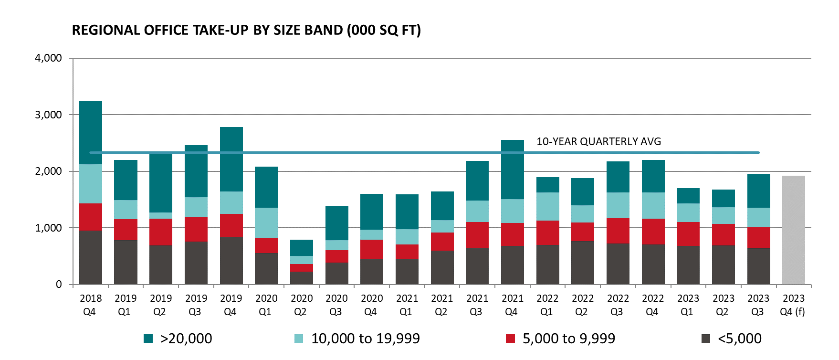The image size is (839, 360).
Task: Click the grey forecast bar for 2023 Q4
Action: pyautogui.click(x=793, y=230)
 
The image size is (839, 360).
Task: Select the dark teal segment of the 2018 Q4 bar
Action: pyautogui.click(x=91, y=133)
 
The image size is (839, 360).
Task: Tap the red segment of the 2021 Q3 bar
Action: pyautogui.click(x=477, y=235)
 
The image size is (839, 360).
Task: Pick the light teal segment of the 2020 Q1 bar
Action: pyautogui.click(x=266, y=222)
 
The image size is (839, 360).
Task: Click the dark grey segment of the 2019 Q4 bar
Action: pyautogui.click(x=231, y=261)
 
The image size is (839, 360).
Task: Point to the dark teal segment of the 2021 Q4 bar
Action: pyautogui.click(x=513, y=169)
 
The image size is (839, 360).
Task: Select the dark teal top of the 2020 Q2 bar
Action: pyautogui.click(x=302, y=248)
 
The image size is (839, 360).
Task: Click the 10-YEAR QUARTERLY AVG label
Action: pyautogui.click(x=598, y=141)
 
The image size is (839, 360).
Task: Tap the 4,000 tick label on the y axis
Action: pyautogui.click(x=48, y=58)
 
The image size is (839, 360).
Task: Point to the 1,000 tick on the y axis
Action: pyautogui.click(x=48, y=228)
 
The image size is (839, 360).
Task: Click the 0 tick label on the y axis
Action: pyautogui.click(x=59, y=285)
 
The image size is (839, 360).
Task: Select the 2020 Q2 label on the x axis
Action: pyautogui.click(x=302, y=305)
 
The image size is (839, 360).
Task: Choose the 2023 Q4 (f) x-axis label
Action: pyautogui.click(x=793, y=305)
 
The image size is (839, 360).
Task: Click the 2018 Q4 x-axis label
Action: pyautogui.click(x=91, y=305)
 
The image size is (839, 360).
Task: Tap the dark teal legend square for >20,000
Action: pyautogui.click(x=148, y=339)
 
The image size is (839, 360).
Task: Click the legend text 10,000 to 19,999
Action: pyautogui.click(x=365, y=339)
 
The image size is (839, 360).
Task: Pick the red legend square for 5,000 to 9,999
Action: pyautogui.click(x=510, y=339)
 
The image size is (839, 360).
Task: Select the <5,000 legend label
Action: pyautogui.click(x=739, y=339)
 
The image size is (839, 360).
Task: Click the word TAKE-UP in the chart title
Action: pyautogui.click(x=220, y=30)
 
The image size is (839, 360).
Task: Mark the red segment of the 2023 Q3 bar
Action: pyautogui.click(x=758, y=238)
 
